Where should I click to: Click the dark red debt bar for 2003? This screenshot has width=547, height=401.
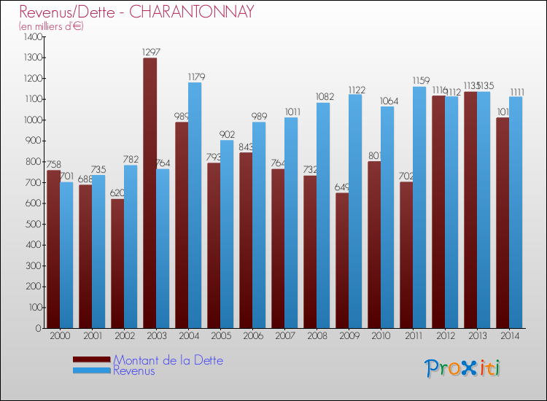click(150, 193)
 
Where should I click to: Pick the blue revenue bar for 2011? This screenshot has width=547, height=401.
click(419, 207)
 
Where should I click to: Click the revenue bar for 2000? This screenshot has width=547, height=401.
click(66, 254)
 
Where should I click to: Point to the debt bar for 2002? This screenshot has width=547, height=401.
click(117, 263)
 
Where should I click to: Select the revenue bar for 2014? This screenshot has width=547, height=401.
click(516, 212)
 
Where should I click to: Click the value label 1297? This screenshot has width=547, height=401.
click(152, 52)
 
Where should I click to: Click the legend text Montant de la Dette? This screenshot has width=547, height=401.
click(168, 360)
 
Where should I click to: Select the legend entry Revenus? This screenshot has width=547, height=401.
click(134, 371)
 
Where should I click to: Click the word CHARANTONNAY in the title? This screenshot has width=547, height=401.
click(197, 12)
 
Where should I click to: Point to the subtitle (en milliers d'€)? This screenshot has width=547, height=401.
click(51, 26)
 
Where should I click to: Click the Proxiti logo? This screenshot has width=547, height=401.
click(463, 368)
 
